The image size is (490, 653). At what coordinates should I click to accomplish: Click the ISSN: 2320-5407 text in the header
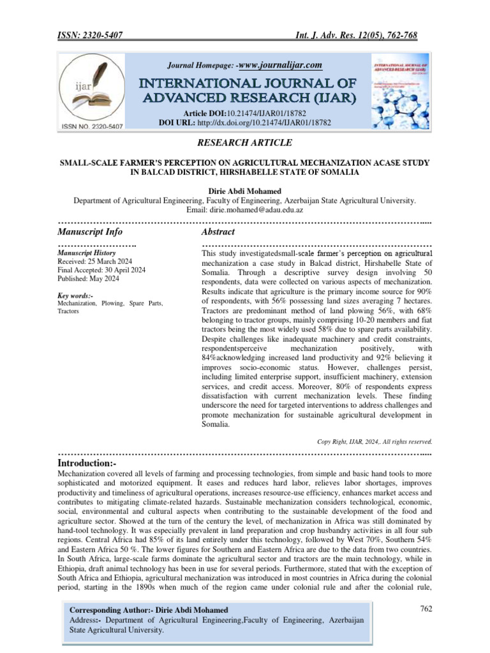pos(89,36)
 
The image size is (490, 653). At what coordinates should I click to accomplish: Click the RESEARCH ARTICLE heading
pos(245,142)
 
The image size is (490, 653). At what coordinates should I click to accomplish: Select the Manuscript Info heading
pos(90,232)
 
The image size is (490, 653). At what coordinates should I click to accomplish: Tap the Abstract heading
pos(218,232)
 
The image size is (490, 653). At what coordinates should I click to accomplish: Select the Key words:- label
pos(75,297)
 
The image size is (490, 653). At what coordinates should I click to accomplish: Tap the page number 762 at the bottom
pos(426,609)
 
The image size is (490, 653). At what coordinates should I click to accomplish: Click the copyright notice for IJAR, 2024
pos(375,441)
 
